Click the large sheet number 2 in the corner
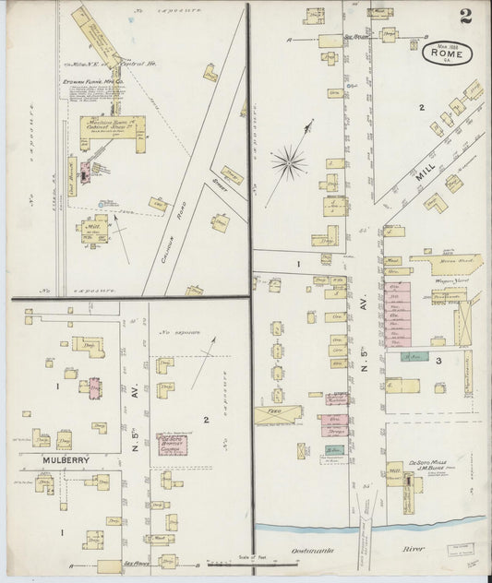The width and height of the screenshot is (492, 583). click(465, 16)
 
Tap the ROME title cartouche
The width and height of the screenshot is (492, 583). click(450, 54)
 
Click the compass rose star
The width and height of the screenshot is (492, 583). click(289, 163)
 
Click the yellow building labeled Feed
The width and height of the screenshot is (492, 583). click(277, 416)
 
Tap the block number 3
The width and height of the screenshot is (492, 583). click(440, 360)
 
